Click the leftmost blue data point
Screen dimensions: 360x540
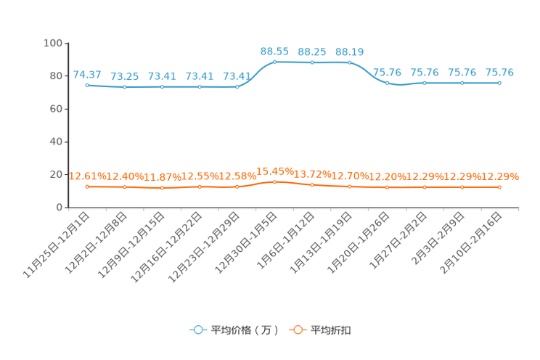click(87, 85)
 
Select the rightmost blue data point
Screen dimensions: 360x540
click(499, 83)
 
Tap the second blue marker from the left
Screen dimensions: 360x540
click(125, 87)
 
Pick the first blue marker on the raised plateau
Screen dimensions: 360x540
click(274, 62)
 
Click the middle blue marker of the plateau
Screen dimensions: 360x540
click(312, 63)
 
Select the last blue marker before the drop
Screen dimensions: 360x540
click(350, 62)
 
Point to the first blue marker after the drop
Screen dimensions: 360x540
click(388, 83)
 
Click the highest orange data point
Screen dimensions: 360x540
click(274, 182)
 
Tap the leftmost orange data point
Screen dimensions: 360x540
click(87, 187)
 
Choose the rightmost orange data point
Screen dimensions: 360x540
click(499, 187)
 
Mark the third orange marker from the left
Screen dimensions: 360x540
click(163, 188)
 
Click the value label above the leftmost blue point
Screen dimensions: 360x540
click(87, 74)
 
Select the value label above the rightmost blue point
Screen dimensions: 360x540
click(499, 72)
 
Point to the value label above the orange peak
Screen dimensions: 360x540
click(275, 171)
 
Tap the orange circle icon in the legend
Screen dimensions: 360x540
click(298, 330)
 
